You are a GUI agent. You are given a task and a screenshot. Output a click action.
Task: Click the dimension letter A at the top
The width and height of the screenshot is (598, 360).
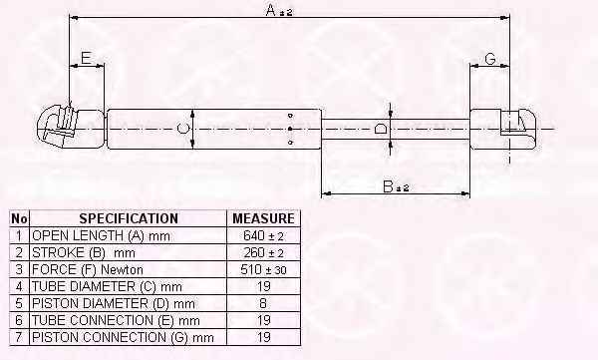tap(270, 10)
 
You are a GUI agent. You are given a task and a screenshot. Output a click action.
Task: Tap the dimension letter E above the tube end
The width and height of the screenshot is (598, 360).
tap(86, 58)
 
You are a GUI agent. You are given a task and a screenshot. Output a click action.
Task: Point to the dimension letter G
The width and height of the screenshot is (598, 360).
tap(490, 59)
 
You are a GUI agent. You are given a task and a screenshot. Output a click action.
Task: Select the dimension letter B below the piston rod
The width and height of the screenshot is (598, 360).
tap(388, 186)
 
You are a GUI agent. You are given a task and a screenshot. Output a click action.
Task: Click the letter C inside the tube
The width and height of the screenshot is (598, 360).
tap(182, 129)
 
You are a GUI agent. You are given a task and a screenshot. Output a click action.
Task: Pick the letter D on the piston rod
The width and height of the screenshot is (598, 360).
tap(381, 129)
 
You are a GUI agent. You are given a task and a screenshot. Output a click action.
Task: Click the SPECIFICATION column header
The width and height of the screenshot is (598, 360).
tap(129, 218)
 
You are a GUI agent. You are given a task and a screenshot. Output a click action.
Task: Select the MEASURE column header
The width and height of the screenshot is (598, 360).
tap(263, 218)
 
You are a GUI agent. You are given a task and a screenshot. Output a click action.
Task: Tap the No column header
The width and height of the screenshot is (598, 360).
tap(19, 218)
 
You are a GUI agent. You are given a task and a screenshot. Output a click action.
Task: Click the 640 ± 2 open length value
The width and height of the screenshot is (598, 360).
tap(263, 236)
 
